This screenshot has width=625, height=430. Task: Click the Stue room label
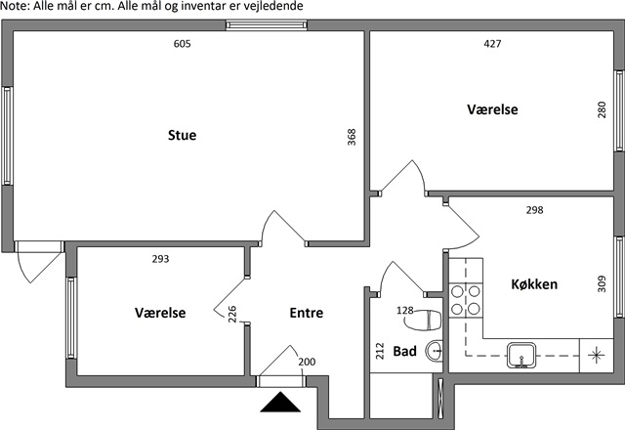(x=182, y=135)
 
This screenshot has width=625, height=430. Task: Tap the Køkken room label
(x=534, y=284)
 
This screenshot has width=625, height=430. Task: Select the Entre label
(x=306, y=313)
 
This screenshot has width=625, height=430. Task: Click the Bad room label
(x=405, y=351)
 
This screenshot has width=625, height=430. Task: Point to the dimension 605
(x=182, y=44)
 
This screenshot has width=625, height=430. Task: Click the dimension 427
(x=493, y=44)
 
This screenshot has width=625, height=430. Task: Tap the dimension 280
(x=602, y=110)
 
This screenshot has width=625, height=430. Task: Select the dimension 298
(x=534, y=210)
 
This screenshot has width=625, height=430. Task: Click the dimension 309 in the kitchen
(x=602, y=286)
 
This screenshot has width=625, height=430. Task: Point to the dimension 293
(x=161, y=259)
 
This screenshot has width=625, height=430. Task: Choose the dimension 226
(x=232, y=315)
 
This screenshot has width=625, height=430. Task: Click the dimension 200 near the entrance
(x=307, y=362)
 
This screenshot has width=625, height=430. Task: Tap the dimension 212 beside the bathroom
(x=380, y=351)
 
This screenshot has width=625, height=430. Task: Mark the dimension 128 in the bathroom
(x=405, y=311)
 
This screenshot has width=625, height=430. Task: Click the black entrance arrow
(x=280, y=403)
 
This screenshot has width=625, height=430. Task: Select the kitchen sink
(x=523, y=354)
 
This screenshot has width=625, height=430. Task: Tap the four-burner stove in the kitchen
(x=467, y=299)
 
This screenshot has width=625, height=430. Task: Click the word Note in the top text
(x=15, y=7)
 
